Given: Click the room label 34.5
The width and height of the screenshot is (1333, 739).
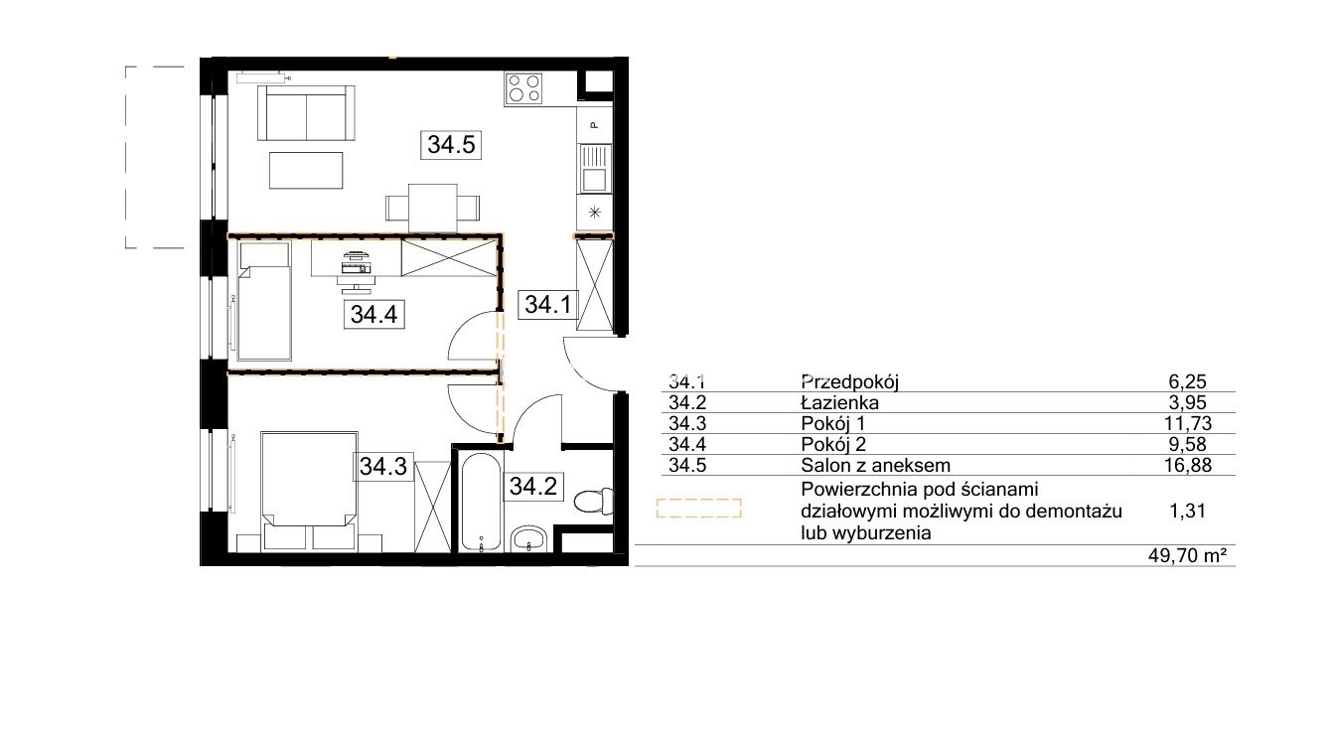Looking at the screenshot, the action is pos(451,145).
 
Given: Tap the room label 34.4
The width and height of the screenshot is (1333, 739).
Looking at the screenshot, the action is pos(374,314).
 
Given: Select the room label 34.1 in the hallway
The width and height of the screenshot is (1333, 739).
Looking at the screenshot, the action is pos(547,305).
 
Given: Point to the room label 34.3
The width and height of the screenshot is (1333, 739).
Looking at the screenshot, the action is pos(383,467).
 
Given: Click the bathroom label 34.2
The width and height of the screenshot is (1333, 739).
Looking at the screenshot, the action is pos(533,487).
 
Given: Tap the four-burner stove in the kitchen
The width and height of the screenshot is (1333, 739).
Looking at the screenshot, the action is pos(524,88).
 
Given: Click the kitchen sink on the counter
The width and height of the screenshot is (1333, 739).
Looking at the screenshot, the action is pos(594,169).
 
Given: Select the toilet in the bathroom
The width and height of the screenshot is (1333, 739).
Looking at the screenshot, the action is pos(594,501).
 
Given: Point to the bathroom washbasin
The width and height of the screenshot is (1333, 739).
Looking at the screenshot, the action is pos(528,539).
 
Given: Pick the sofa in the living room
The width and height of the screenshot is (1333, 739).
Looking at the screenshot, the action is pos(307,112).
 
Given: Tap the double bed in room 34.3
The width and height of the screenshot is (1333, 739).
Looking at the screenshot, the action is pos(309,492).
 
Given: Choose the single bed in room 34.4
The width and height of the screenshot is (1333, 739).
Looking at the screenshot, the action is pos(264,301).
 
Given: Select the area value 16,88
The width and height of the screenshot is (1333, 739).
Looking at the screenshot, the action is pos(1188,465).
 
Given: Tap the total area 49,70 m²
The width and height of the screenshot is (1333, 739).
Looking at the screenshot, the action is pos(1188,555).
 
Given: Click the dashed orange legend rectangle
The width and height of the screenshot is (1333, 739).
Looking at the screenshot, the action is pos(698,509).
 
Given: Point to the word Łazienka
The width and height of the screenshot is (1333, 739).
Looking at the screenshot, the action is pos(839,403).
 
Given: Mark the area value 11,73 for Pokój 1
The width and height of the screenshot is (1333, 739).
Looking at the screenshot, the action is pos(1188,424).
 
